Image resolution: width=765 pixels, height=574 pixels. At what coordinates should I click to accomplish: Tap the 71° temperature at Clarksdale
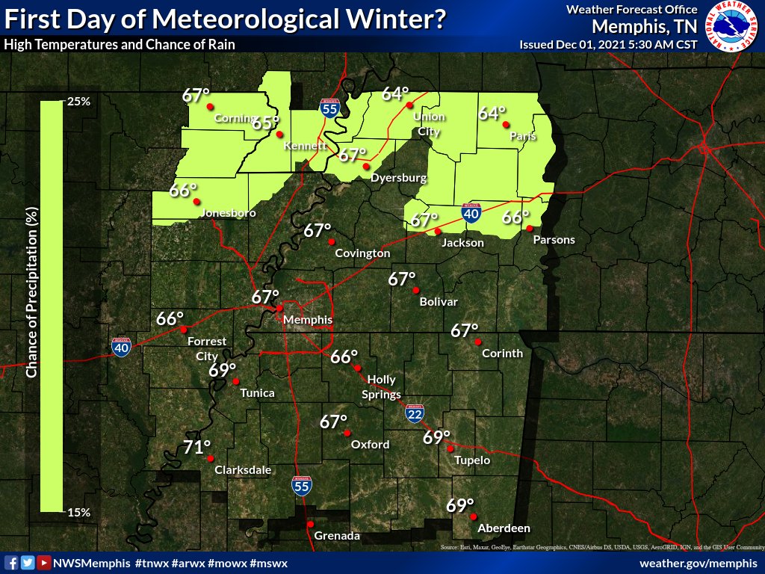click(x=197, y=448)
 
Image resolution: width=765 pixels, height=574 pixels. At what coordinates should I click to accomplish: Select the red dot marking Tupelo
click(x=450, y=448)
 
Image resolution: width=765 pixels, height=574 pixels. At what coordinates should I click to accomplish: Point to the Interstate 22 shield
click(x=413, y=413)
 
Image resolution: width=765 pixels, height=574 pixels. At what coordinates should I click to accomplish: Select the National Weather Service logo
click(x=732, y=27)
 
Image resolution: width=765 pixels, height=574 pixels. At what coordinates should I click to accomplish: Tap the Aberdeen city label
click(x=504, y=528)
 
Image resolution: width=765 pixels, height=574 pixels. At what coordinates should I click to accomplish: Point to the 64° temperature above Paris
click(x=492, y=114)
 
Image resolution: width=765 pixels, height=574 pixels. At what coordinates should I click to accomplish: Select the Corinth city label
click(x=502, y=353)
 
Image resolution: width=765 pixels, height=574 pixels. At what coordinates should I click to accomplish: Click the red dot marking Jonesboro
click(x=196, y=202)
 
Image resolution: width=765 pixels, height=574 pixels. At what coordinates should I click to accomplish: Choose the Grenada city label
click(x=337, y=536)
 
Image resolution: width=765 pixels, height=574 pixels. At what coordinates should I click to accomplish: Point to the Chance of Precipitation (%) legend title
click(x=31, y=292)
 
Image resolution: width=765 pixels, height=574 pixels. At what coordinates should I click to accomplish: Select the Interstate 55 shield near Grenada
click(x=301, y=487)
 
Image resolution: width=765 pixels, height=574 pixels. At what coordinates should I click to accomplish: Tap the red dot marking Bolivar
click(x=417, y=290)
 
